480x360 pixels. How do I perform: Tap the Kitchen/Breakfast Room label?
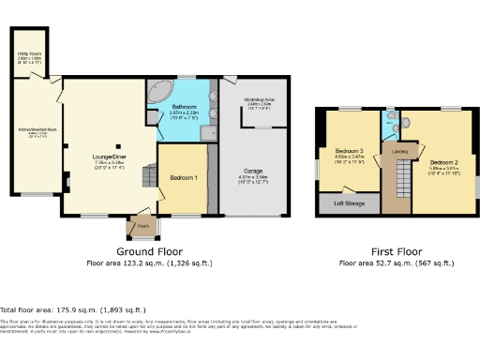pos(34,131)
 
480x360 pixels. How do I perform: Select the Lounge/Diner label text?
pos(111,157)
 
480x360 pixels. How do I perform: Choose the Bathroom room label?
pos(184,109)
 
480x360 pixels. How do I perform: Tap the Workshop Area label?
pos(259,99)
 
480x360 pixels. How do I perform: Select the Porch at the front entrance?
pos(143,226)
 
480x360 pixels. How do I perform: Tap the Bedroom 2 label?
pos(443,162)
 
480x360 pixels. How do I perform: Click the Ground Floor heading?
pos(150,252)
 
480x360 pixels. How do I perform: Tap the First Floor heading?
pos(397,252)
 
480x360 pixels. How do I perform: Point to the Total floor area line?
pos(73,308)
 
